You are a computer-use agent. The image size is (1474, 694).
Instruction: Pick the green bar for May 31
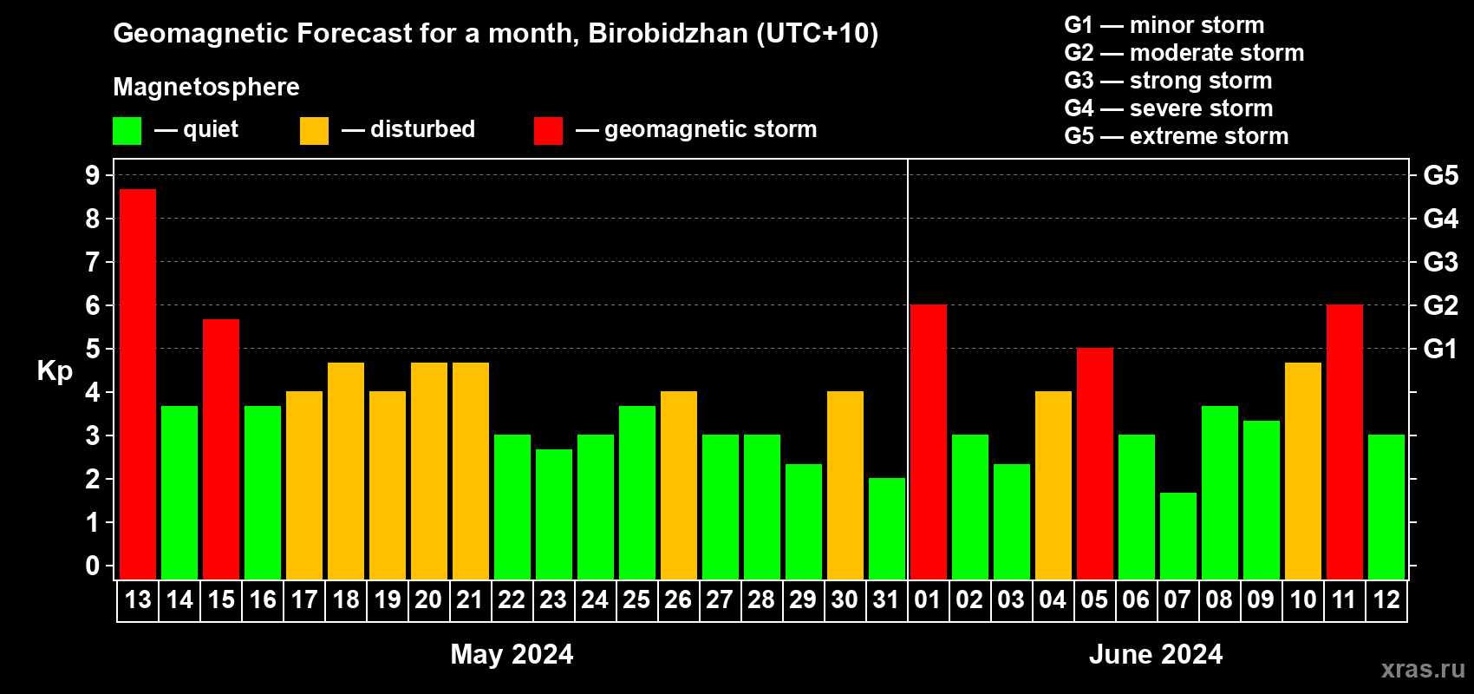pos(887,528)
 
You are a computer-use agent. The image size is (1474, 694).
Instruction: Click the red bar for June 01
pos(929,442)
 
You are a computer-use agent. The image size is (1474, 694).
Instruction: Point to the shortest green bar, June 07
pos(1178,535)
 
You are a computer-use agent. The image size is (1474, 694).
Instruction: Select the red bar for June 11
pos(1345,442)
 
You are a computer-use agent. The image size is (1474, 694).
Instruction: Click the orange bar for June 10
pos(1303,470)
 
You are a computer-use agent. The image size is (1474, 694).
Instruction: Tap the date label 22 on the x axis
pos(512,599)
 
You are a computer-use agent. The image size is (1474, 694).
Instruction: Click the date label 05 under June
pos(1094,599)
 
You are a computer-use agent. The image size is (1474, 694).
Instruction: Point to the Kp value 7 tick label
pos(93,262)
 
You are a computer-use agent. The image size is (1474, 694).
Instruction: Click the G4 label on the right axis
pos(1440,219)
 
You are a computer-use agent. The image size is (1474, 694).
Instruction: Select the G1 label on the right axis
pos(1440,349)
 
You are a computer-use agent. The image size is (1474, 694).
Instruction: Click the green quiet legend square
pos(127,131)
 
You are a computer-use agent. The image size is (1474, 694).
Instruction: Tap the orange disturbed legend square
pos(314,131)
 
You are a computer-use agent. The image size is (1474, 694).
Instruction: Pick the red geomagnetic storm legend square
pos(548,131)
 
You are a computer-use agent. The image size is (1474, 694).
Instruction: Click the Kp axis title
pos(55,370)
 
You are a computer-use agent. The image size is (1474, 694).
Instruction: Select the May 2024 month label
pos(512,654)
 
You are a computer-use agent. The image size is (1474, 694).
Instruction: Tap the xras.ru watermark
pos(1423,669)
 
